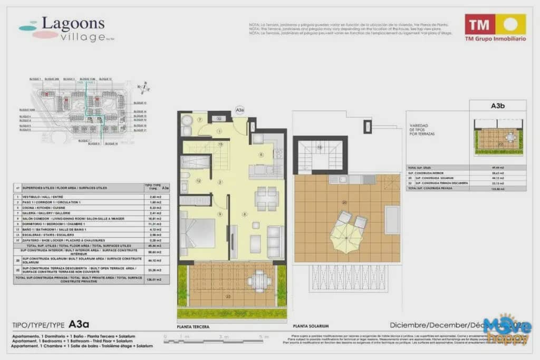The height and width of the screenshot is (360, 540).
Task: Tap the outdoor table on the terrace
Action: click(259, 280)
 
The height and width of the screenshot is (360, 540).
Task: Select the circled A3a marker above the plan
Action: click(239, 110)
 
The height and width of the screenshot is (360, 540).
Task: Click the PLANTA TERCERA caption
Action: click(194, 327)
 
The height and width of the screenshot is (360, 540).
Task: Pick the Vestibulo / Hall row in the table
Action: click(79, 196)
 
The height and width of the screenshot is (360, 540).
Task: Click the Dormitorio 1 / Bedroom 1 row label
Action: click(79, 225)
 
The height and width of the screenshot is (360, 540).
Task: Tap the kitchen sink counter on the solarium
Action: click(352, 180)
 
